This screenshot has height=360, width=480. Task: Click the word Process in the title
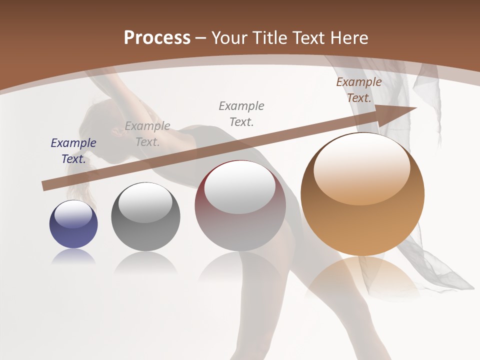(x=157, y=38)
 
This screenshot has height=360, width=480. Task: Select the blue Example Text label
(x=73, y=150)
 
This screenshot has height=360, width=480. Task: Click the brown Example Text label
(x=358, y=90)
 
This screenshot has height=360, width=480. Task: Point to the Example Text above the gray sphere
(x=147, y=133)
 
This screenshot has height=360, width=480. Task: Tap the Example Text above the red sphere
(x=241, y=113)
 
